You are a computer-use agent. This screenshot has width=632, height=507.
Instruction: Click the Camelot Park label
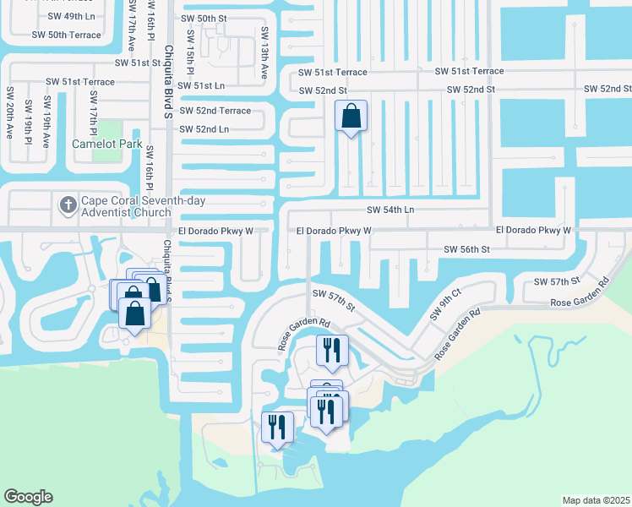point(106,144)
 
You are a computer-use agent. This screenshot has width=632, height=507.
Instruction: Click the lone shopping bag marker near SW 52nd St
point(351,117)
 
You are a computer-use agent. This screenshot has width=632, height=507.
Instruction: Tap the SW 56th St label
point(466,249)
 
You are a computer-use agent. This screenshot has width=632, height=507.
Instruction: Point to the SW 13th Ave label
point(264,52)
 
